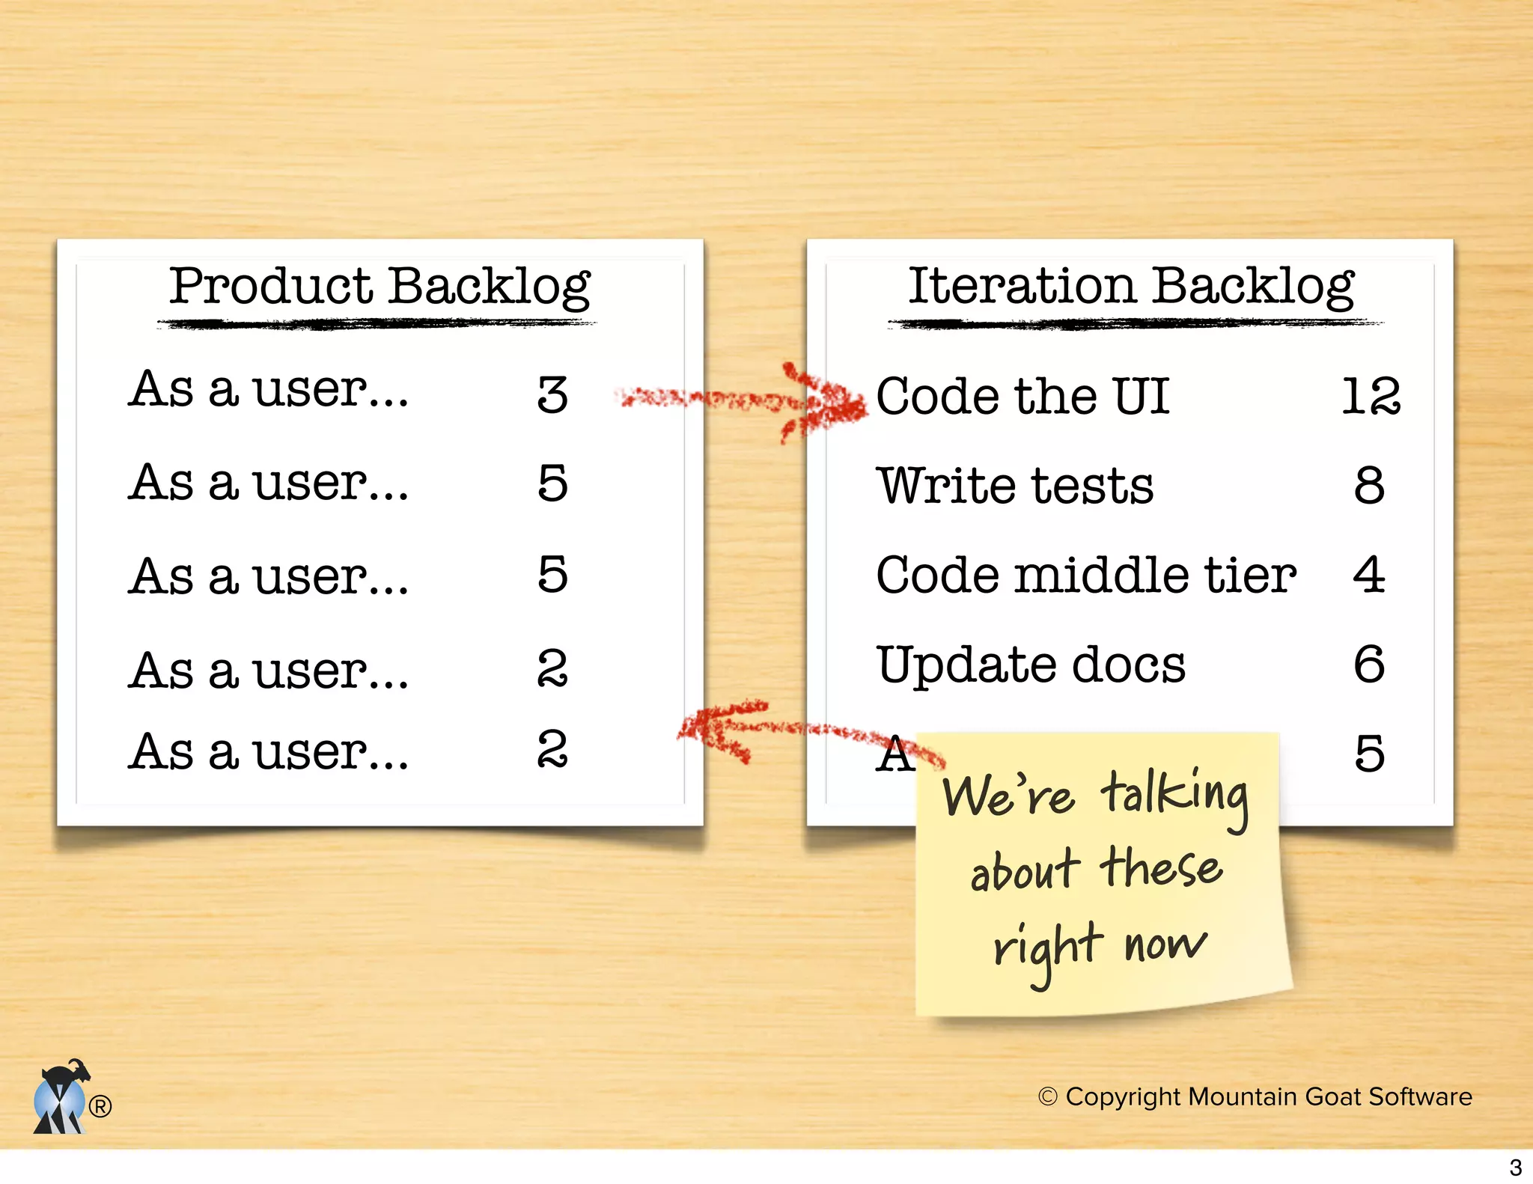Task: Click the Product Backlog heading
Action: (380, 287)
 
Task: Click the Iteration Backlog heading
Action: (1131, 287)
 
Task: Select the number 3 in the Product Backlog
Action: (552, 394)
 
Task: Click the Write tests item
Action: (1015, 486)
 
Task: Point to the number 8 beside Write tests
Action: (1369, 485)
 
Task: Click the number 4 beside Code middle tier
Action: (1369, 575)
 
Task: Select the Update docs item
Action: (1031, 665)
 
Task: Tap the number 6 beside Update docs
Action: (1369, 665)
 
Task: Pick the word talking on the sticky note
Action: (1174, 795)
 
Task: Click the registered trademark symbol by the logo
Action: (100, 1105)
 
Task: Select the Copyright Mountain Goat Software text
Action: (1255, 1096)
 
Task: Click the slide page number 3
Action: (1515, 1168)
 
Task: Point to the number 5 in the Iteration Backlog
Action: (1369, 754)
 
